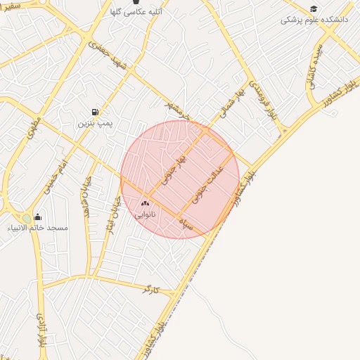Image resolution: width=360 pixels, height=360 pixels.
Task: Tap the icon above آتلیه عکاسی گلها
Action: click(x=136, y=2)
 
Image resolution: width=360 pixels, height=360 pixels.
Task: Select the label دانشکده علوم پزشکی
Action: click(x=314, y=20)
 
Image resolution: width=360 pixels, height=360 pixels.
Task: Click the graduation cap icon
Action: click(x=314, y=8)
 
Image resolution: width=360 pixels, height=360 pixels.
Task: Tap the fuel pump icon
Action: click(x=95, y=112)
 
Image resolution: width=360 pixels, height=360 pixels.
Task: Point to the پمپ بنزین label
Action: click(x=95, y=123)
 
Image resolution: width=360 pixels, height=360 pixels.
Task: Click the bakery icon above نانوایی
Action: click(x=146, y=203)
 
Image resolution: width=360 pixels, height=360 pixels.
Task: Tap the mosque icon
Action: click(x=37, y=217)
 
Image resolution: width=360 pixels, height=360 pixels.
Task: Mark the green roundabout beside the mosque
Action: click(x=27, y=219)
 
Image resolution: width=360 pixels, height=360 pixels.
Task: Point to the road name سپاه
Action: click(x=186, y=224)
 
